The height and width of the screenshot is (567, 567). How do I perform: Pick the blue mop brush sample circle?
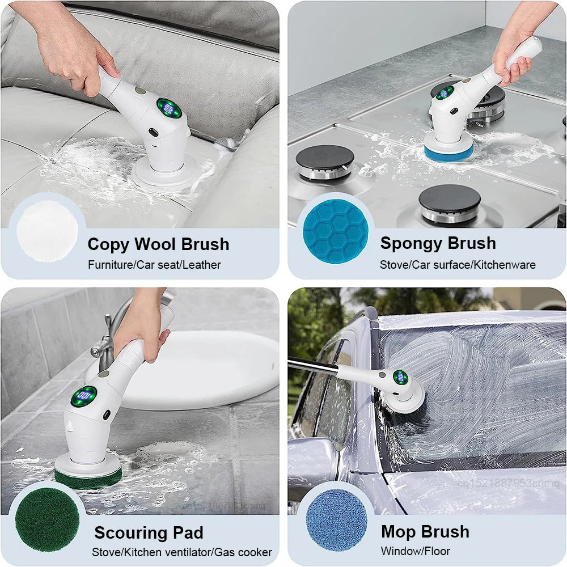point(336,520)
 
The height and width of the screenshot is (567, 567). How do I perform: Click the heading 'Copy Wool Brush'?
point(158,244)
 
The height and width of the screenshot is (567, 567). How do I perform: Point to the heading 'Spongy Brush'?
point(438,243)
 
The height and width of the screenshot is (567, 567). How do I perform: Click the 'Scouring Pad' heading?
point(149,533)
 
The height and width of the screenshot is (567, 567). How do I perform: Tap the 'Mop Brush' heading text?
point(425,532)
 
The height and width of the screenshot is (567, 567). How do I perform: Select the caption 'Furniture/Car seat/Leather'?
point(154,265)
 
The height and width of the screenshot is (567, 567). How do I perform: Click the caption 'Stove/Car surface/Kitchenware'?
point(458,265)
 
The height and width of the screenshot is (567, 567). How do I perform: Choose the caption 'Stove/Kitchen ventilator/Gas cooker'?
point(182,552)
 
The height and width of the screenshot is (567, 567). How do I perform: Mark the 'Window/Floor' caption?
point(416,551)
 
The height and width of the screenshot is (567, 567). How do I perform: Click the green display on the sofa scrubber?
point(169,108)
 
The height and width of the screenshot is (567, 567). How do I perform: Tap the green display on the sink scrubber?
point(84,395)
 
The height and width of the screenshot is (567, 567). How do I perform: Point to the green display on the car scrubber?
point(400,377)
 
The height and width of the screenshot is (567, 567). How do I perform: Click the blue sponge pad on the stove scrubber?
point(448,152)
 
